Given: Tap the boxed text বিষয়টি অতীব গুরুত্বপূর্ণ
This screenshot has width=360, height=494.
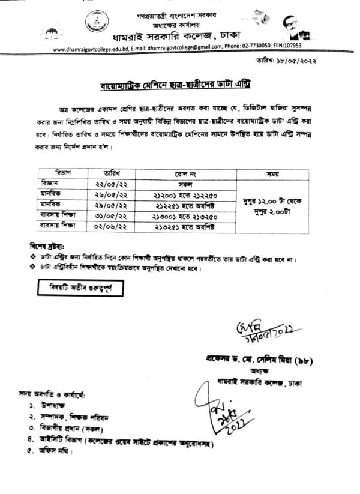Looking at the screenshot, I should click(77, 288).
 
